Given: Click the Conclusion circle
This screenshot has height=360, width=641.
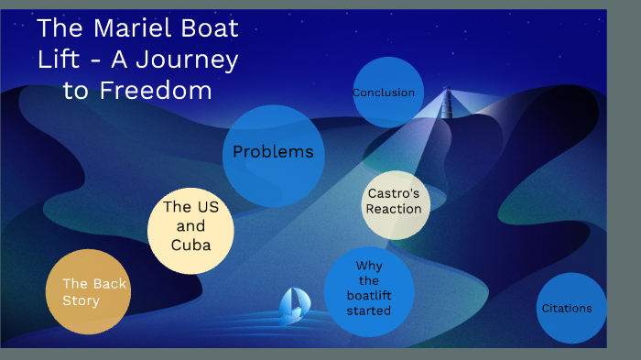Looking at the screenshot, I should [x=384, y=93].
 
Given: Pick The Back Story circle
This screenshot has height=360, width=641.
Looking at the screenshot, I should [x=88, y=291].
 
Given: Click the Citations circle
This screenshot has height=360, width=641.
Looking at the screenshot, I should [x=570, y=308].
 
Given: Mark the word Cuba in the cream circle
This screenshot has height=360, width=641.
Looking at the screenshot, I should [x=190, y=245].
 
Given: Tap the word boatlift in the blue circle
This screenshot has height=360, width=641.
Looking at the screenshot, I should [x=369, y=296].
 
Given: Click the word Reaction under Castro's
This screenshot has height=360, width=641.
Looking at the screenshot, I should [x=394, y=209].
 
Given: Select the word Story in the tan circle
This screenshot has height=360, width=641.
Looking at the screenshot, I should [x=81, y=300].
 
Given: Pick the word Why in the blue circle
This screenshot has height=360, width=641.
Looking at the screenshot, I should [x=369, y=266].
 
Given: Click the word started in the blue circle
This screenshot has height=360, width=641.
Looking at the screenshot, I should [x=369, y=311].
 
